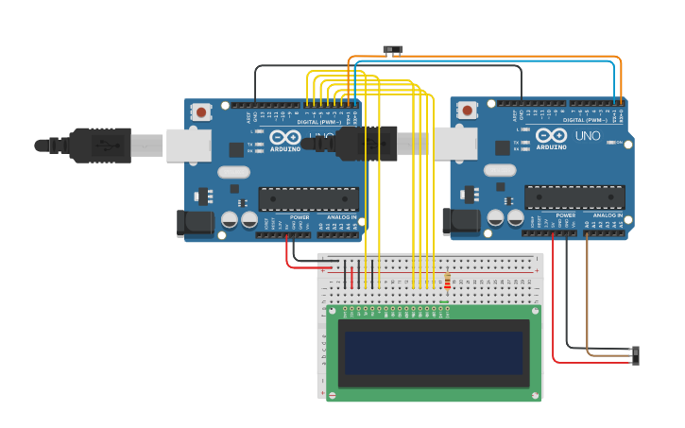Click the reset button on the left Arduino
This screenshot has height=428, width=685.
(201, 111)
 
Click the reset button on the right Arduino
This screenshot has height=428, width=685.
(467, 111)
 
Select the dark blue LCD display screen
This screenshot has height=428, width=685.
(434, 352)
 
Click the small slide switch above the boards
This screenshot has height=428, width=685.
(392, 49)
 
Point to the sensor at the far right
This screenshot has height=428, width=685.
(635, 355)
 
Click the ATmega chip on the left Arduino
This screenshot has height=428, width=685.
(308, 198)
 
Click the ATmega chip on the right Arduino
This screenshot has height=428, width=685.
(574, 197)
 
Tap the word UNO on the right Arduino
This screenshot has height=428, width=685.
(588, 136)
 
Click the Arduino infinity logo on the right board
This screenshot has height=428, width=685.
(551, 136)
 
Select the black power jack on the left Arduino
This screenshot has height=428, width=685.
(195, 223)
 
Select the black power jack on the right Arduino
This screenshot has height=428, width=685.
(460, 222)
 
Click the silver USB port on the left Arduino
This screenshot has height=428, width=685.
(188, 146)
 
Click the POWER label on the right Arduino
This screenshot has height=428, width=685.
(565, 215)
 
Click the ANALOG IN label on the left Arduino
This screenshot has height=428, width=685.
(340, 216)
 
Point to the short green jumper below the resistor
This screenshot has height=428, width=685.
(444, 302)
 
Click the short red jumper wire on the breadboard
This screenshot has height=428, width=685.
(351, 277)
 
